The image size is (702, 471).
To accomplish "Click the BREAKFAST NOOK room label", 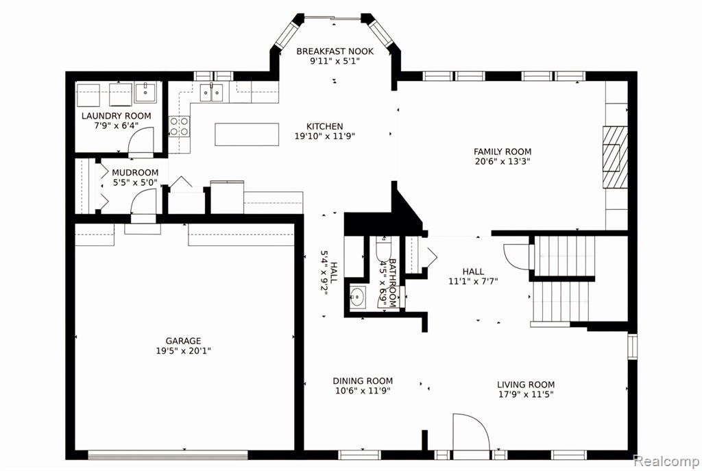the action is (x=335, y=51).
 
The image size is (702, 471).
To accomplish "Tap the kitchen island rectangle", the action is (x=247, y=134).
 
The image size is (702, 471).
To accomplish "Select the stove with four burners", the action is (x=179, y=126).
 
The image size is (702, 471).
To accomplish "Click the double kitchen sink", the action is (x=211, y=93).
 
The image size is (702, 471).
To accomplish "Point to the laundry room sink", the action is (x=145, y=93).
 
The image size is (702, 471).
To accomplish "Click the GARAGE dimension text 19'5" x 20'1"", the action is (x=183, y=350).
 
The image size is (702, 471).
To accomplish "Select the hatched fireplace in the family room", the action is (x=615, y=157).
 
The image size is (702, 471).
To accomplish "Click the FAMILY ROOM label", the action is (x=503, y=152).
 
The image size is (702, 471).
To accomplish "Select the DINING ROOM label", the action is (x=363, y=381).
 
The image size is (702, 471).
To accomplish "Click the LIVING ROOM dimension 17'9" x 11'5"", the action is (x=526, y=394).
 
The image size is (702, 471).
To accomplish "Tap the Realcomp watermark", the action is (x=666, y=461).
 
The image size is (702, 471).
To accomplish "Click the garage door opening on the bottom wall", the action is (x=168, y=455).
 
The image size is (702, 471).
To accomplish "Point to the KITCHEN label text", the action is (x=324, y=127).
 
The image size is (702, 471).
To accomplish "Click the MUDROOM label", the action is (x=135, y=172).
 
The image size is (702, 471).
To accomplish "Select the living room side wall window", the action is (x=632, y=346).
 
